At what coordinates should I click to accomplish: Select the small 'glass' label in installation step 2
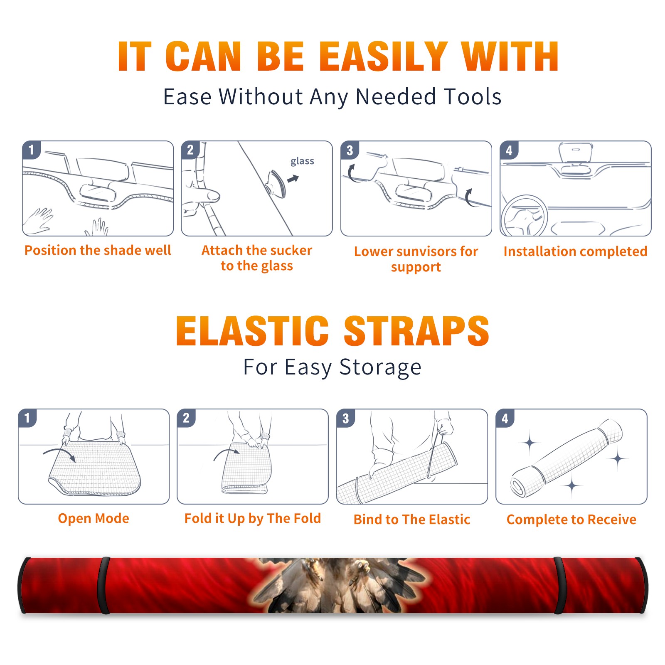pos(302,161)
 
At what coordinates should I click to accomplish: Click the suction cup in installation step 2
pos(277,184)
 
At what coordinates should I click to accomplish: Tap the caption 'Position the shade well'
pos(98,250)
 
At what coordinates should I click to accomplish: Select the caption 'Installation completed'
pos(575,251)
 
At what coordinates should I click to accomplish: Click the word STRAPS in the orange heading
pos(416,331)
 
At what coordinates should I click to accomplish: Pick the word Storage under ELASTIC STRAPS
pos(380,367)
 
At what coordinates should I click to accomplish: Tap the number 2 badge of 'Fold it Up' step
pos(186,418)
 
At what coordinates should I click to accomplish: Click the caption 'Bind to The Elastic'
pos(412,520)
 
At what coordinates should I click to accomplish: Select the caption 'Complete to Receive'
pos(571,520)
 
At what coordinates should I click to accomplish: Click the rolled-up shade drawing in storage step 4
pos(566,458)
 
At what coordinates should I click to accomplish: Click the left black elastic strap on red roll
pos(104,585)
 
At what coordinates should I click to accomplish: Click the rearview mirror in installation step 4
pos(576,152)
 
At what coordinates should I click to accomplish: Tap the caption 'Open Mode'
pos(94,518)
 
